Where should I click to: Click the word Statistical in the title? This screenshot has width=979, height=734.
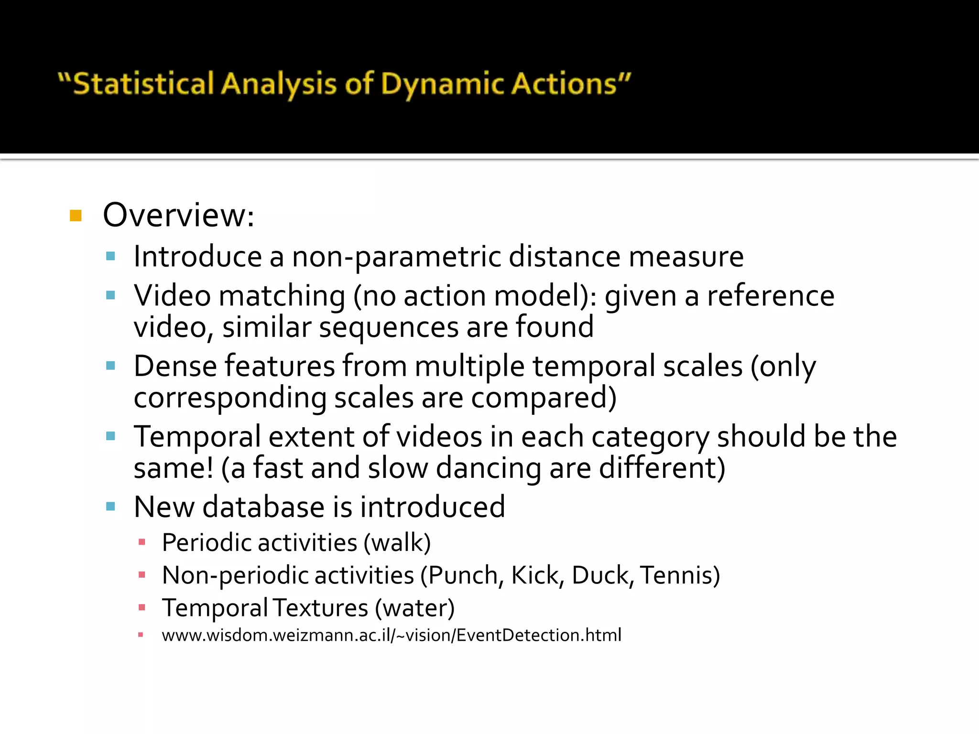pyautogui.click(x=143, y=84)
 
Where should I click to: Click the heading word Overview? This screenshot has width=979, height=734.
pyautogui.click(x=175, y=215)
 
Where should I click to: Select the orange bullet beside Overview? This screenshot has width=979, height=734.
pyautogui.click(x=76, y=216)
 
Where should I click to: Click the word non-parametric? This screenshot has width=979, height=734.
pyautogui.click(x=396, y=257)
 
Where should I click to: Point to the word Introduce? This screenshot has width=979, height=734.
pyautogui.click(x=197, y=257)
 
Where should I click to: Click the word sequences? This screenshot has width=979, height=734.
pyautogui.click(x=389, y=327)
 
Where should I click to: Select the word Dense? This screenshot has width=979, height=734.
pyautogui.click(x=175, y=366)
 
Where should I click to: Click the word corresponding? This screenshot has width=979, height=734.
pyautogui.click(x=229, y=398)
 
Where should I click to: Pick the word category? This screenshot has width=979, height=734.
pyautogui.click(x=650, y=437)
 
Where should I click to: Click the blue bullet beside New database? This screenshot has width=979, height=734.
pyautogui.click(x=110, y=507)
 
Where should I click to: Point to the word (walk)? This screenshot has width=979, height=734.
pyautogui.click(x=397, y=543)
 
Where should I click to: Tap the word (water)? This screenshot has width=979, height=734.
pyautogui.click(x=414, y=608)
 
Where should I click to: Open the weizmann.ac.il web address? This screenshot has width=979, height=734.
pyautogui.click(x=391, y=635)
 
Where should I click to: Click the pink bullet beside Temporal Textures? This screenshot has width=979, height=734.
pyautogui.click(x=141, y=608)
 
